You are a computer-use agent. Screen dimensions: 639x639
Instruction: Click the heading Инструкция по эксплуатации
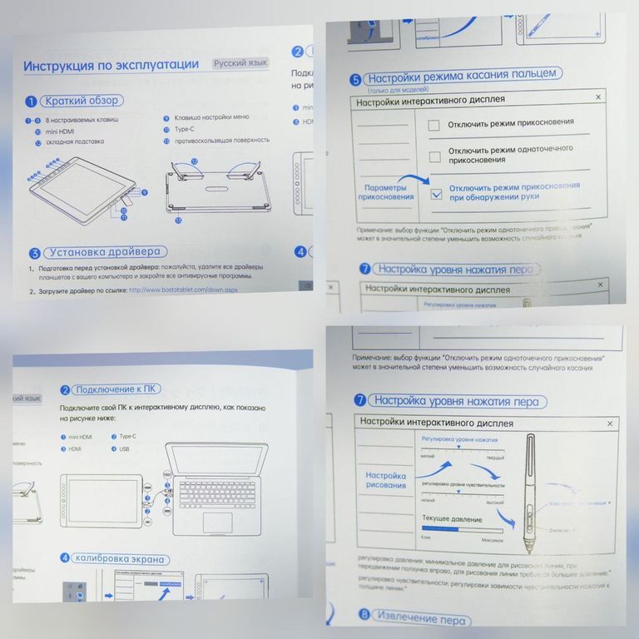pos(111,65)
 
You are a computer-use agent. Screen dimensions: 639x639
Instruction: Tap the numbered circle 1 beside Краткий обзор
pos(32,102)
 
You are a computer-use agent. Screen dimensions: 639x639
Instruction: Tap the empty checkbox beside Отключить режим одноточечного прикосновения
pos(433,156)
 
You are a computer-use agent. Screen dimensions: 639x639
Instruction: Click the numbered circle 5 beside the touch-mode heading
pos(355,80)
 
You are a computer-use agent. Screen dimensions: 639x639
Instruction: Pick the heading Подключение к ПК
pos(117,389)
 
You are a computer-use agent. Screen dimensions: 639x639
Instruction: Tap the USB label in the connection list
pos(125,448)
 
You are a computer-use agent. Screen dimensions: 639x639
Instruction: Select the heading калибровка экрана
pos(120,559)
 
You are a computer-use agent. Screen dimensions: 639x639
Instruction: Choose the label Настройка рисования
pos(386,481)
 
